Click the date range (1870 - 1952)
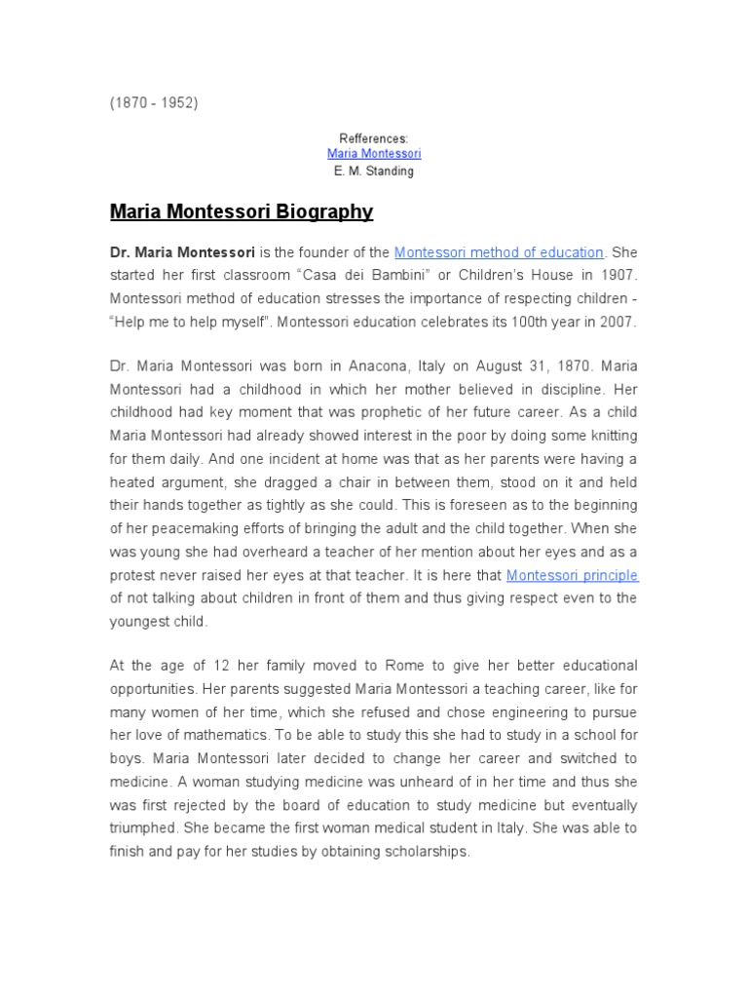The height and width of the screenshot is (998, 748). coord(153,102)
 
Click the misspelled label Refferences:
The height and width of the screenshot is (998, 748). coord(374,138)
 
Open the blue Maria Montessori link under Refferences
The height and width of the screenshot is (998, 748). coord(374,154)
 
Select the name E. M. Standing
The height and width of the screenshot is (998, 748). coord(374,171)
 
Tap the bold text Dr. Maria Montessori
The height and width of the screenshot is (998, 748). coord(183,252)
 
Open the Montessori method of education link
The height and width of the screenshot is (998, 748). coord(499,252)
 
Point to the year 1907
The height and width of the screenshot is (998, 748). coord(616,275)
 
